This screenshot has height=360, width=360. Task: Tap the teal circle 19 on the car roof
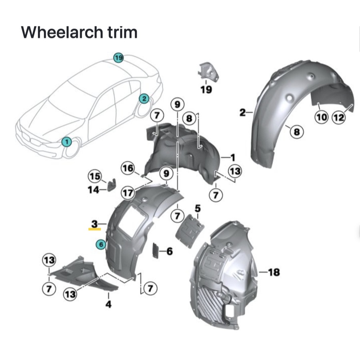pyautogui.click(x=118, y=58)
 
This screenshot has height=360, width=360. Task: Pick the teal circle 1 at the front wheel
pyautogui.click(x=67, y=141)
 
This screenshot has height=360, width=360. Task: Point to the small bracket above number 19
pyautogui.click(x=209, y=72)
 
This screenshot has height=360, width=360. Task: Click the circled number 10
pyautogui.click(x=322, y=117)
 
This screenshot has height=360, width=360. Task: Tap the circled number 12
pyautogui.click(x=338, y=117)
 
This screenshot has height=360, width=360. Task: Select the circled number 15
pyautogui.click(x=95, y=176)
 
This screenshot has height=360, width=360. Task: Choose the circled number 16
pyautogui.click(x=128, y=168)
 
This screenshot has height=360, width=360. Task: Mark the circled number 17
pyautogui.click(x=128, y=193)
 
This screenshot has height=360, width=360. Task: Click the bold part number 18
pyautogui.click(x=274, y=272)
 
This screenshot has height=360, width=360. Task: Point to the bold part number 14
pyautogui.click(x=93, y=190)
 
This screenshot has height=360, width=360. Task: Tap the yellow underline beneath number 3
pyautogui.click(x=95, y=229)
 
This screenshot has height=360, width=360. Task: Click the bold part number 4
pyautogui.click(x=108, y=305)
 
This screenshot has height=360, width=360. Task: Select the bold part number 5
pyautogui.click(x=198, y=208)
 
